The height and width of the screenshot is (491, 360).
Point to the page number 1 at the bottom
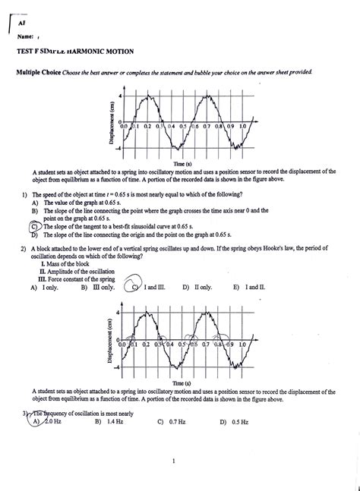pyautogui.click(x=174, y=460)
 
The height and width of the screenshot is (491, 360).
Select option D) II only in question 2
pyautogui.click(x=197, y=288)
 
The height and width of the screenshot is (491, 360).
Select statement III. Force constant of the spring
pyautogui.click(x=81, y=281)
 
